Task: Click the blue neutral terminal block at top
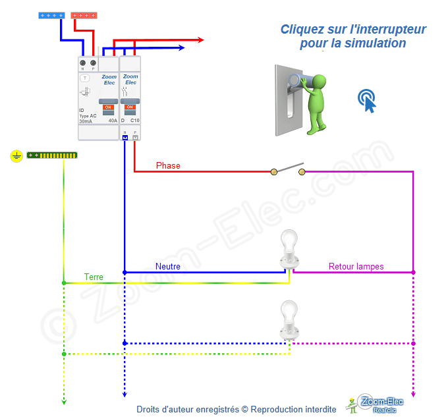click(x=51, y=14)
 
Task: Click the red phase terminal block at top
click(x=83, y=14)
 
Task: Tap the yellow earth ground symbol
click(x=17, y=155)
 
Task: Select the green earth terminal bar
click(x=52, y=155)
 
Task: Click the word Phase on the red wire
click(x=168, y=165)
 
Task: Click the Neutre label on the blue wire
click(x=167, y=266)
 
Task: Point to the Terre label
click(x=94, y=277)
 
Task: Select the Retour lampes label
click(x=356, y=266)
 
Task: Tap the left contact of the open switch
click(x=274, y=172)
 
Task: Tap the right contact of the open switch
click(x=302, y=172)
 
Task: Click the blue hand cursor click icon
click(x=367, y=100)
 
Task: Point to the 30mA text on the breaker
click(x=86, y=121)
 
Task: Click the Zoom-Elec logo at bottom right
click(x=374, y=403)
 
